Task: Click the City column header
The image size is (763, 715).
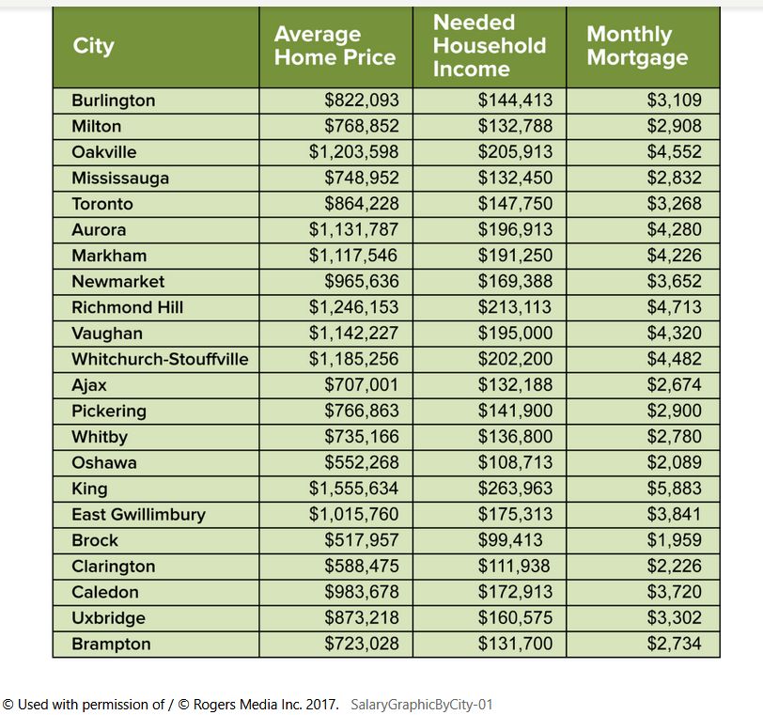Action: pos(93,46)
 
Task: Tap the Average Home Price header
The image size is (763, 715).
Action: pos(335,46)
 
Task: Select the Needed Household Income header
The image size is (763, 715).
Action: pos(490,46)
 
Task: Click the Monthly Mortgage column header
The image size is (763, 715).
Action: pos(637,46)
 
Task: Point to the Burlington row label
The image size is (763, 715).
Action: pos(114,101)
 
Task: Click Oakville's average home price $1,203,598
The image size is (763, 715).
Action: pos(353,152)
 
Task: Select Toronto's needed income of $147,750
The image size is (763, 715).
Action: pos(515,204)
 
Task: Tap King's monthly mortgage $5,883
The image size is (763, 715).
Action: pos(675,489)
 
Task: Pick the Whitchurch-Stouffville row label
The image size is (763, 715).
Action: pos(160,360)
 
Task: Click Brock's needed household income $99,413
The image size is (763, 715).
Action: pos(510,540)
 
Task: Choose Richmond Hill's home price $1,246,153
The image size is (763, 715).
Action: pos(353,307)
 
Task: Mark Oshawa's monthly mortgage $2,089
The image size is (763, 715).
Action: pos(675,462)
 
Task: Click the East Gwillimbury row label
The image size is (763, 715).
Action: pos(139,515)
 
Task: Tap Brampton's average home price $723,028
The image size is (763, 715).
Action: pos(362,644)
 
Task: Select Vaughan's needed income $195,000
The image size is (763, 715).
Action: pos(515,334)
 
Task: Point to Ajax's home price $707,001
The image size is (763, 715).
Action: pos(362,385)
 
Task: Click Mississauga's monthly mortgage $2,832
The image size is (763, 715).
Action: pos(675,178)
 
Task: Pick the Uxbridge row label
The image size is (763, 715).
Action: pos(108,618)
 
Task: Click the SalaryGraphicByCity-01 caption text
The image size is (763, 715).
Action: pos(422,705)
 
